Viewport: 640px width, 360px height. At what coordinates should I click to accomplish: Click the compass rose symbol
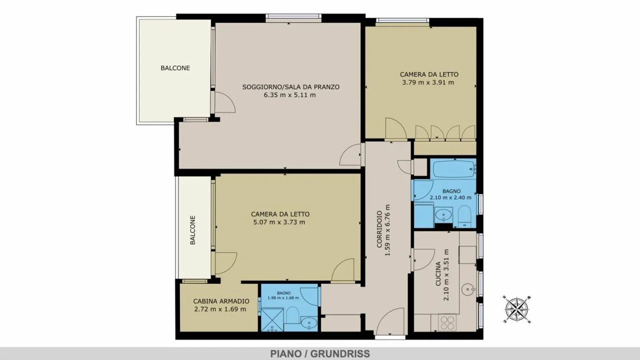[517, 310]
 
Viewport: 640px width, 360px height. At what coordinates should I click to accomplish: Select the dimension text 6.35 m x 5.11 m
[290, 95]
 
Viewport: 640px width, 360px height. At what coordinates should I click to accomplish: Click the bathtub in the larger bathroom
[453, 169]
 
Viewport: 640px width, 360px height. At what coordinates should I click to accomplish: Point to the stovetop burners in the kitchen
[448, 323]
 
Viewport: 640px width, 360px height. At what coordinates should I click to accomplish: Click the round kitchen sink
[468, 289]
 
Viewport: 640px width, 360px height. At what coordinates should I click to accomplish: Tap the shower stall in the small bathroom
[272, 320]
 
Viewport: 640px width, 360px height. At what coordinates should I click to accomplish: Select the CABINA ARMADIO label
[221, 301]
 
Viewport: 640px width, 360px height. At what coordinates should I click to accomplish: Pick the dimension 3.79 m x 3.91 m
[428, 83]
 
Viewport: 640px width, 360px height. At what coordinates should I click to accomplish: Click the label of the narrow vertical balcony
[193, 230]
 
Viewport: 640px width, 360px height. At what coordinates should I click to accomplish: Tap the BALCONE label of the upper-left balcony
[175, 68]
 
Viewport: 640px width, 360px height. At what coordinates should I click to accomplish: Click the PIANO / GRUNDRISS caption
[320, 354]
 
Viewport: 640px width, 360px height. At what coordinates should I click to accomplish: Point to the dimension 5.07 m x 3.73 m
[279, 222]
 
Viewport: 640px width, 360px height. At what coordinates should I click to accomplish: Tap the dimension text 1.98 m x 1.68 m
[283, 298]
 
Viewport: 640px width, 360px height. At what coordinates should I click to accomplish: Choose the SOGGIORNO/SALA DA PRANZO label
[291, 87]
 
